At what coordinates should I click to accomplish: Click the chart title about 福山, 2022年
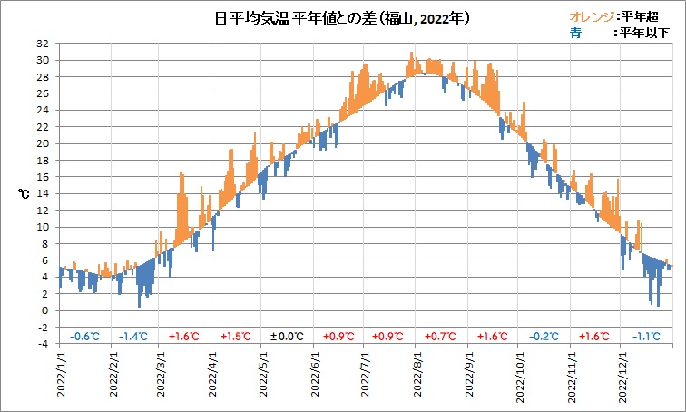(x=342, y=17)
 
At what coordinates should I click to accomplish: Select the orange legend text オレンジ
(x=591, y=16)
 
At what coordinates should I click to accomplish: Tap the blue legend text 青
(x=575, y=33)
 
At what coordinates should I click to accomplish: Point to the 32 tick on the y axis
(x=43, y=44)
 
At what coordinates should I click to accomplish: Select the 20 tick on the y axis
(x=43, y=143)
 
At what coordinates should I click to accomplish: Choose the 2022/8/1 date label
(x=416, y=378)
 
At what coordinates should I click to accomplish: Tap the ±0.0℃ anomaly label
(x=287, y=337)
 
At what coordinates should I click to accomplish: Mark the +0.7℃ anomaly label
(x=442, y=337)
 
